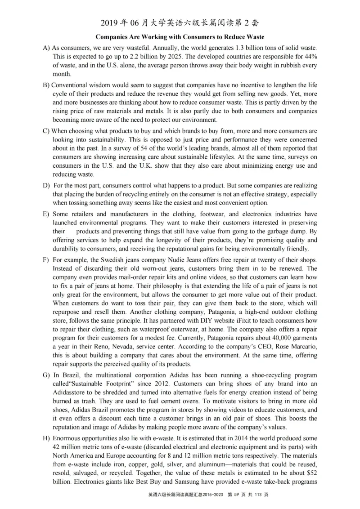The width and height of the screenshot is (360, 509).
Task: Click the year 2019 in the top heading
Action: [x=111, y=23]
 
